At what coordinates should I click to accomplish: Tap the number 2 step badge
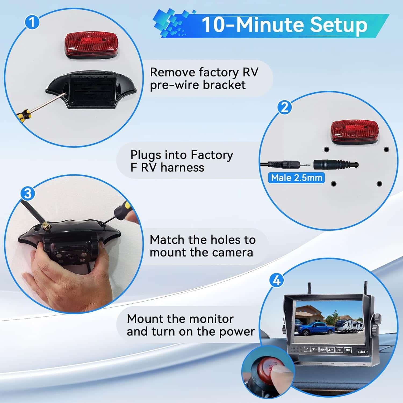point(285,107)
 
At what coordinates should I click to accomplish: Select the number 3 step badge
point(28,193)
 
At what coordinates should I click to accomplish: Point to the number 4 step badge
point(276,280)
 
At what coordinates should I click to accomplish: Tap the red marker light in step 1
point(91,44)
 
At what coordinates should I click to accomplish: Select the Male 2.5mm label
point(296,178)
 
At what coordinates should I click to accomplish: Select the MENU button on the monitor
point(323,350)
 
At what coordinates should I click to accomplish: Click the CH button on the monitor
point(339,350)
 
